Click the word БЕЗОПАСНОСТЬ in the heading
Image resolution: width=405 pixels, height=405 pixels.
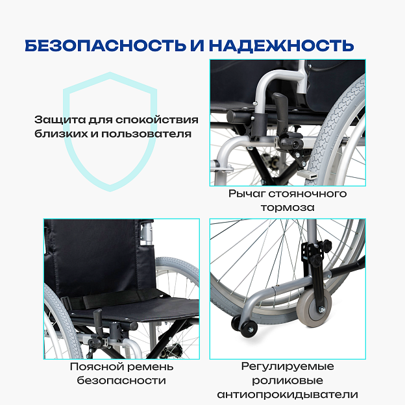[x=105, y=45]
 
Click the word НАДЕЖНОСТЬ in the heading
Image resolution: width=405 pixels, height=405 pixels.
[x=281, y=45]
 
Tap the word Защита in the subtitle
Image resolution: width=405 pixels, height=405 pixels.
[x=60, y=120]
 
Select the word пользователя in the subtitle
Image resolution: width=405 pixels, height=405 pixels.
[x=146, y=134]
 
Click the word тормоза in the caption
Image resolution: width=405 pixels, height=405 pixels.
[x=288, y=208]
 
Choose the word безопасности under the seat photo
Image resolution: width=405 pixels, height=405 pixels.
[x=121, y=380]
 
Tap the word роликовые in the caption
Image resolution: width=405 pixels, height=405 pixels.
[x=288, y=380]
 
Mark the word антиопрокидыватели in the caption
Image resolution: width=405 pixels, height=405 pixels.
[x=288, y=395]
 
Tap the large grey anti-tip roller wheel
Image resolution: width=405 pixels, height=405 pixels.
[x=314, y=308]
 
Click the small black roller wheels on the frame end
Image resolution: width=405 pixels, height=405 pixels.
[x=244, y=326]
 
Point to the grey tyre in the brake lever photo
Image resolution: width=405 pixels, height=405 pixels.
[x=335, y=129]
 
